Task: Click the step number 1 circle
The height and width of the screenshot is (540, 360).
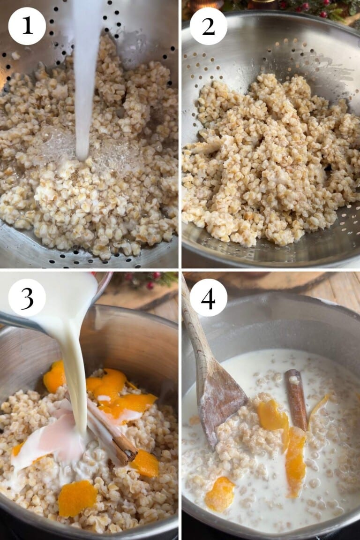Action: pos(27,26)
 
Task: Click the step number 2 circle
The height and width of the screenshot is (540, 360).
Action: pos(208,26)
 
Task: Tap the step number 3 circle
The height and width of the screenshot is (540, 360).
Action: pos(27,297)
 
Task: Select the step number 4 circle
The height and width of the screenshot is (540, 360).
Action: pos(208,297)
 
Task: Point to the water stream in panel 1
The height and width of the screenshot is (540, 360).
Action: pos(86,70)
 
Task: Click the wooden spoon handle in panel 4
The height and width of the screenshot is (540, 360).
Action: pos(192,319)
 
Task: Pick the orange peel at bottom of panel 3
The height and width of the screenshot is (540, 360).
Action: pos(77,497)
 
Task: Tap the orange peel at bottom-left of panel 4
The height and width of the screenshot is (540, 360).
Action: pos(219,494)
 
